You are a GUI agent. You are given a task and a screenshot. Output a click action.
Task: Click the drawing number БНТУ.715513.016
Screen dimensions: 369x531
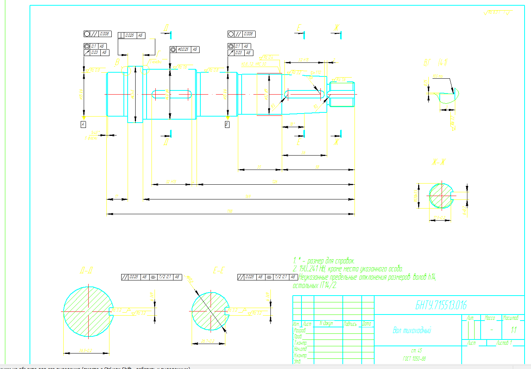441,305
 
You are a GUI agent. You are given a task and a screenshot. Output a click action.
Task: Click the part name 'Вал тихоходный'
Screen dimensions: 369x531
412,330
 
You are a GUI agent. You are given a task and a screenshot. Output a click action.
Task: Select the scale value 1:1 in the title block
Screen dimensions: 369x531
514,330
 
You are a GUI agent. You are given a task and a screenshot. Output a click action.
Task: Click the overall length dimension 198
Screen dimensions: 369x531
230,211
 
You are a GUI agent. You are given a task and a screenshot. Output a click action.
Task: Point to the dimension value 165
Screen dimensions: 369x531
248,196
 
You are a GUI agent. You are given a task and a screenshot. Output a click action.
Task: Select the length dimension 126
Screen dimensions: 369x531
275,182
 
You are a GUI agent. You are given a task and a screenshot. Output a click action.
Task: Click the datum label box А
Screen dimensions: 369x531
83,124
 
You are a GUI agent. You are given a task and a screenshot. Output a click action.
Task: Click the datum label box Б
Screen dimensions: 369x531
227,124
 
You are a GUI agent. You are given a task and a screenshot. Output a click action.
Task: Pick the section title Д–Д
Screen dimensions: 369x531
86,270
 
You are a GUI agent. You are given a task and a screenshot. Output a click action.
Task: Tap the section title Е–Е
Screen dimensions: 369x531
219,270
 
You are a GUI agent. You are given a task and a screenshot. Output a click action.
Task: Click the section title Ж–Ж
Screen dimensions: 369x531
438,162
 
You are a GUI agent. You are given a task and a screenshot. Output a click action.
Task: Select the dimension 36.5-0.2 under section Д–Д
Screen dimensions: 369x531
86,350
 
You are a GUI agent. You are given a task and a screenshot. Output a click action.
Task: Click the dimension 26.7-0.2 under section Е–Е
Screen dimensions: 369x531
208,341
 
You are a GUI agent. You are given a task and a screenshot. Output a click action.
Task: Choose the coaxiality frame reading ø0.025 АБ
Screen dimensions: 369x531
184,49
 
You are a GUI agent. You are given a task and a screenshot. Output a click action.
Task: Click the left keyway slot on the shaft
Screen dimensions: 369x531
172,94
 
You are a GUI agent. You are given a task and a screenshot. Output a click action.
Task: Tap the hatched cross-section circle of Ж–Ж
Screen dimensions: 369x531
441,196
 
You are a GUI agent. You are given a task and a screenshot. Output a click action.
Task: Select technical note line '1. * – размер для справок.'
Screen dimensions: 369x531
324,261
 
